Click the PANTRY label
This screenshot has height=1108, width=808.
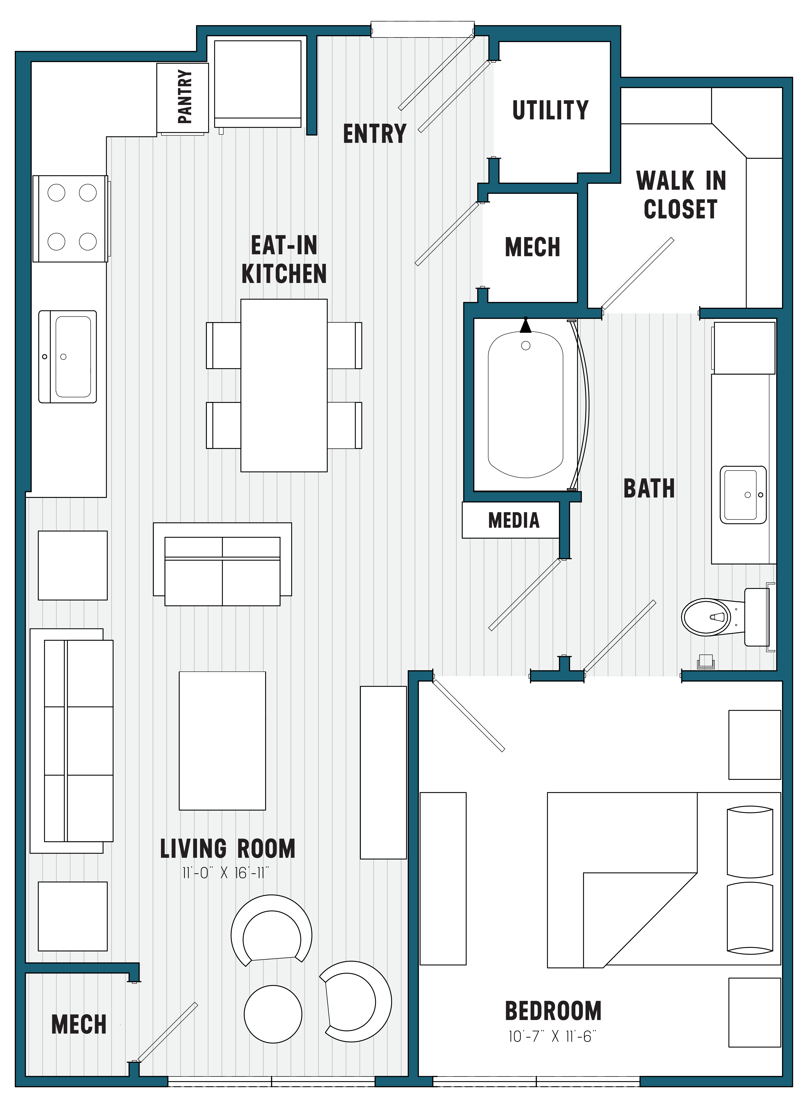click(184, 97)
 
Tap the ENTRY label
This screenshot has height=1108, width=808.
click(375, 134)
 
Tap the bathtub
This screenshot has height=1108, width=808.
click(525, 405)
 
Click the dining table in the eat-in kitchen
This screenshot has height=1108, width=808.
click(284, 385)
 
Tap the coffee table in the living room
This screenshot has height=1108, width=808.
click(222, 741)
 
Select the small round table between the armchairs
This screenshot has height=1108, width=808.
click(273, 1014)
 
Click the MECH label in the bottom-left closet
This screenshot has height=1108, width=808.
click(79, 1024)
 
